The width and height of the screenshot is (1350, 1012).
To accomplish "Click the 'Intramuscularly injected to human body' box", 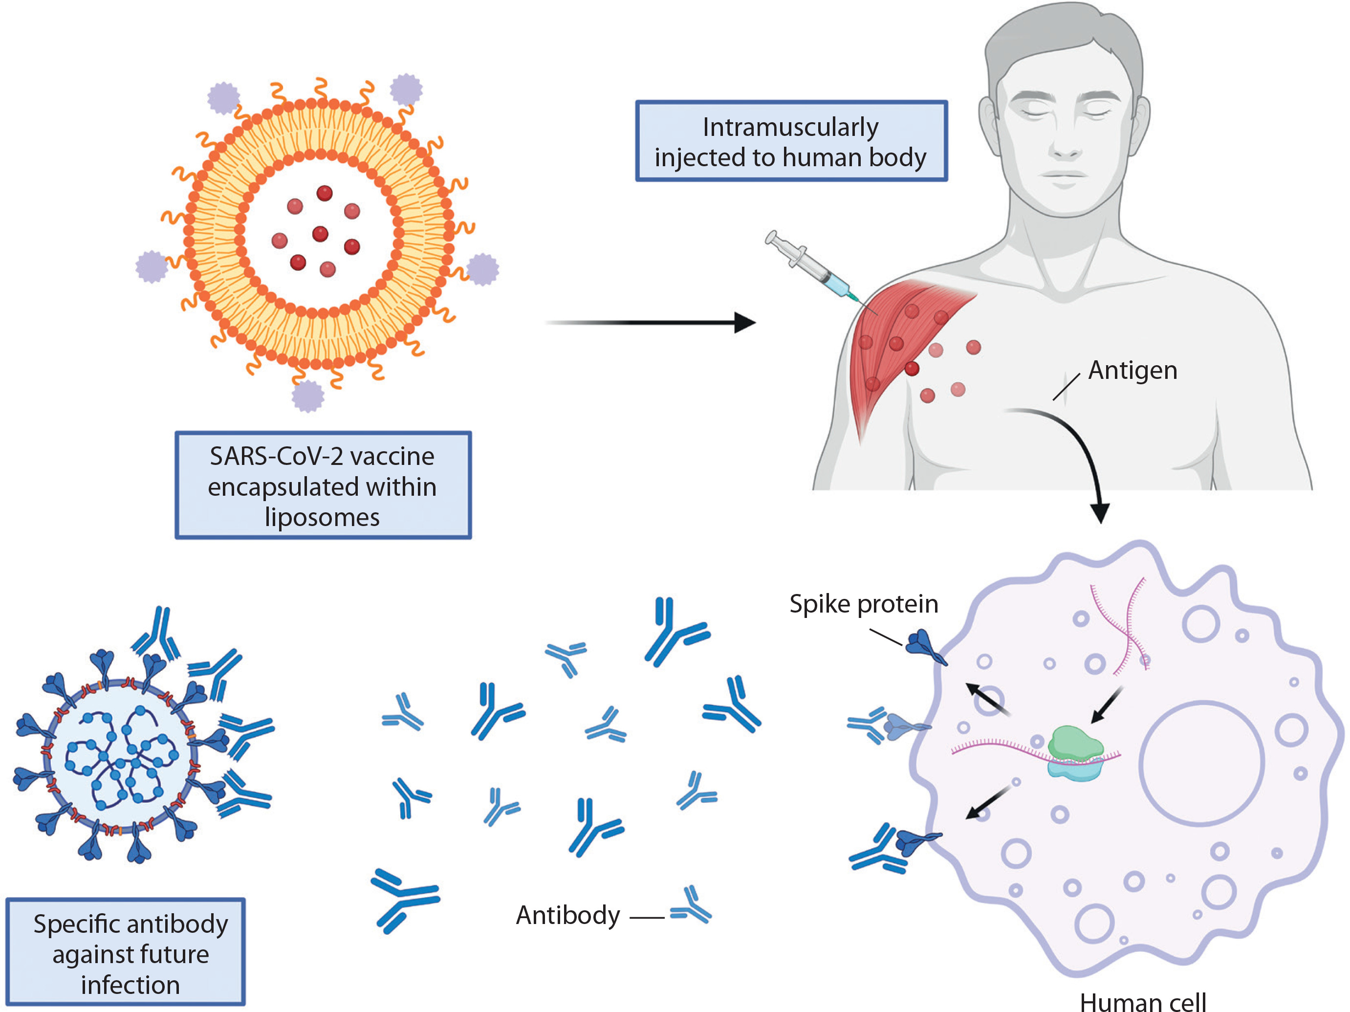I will (x=791, y=141).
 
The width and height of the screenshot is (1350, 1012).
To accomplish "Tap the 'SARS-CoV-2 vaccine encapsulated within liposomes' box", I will (x=323, y=485).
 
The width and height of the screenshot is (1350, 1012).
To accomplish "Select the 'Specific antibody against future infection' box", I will (x=126, y=953).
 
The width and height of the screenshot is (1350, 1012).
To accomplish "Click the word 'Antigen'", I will (x=1132, y=371).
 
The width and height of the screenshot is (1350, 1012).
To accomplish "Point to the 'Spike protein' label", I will (x=864, y=604).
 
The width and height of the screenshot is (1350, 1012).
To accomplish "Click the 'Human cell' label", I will (x=1142, y=1001).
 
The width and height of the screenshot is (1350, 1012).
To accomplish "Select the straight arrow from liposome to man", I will (x=650, y=322).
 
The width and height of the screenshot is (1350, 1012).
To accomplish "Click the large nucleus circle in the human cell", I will (x=1201, y=763).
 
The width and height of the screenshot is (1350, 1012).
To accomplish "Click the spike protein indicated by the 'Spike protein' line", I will (x=925, y=647).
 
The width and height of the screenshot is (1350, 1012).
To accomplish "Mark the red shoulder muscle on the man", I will (x=897, y=342).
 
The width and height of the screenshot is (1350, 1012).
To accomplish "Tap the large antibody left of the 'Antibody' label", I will (x=404, y=899).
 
